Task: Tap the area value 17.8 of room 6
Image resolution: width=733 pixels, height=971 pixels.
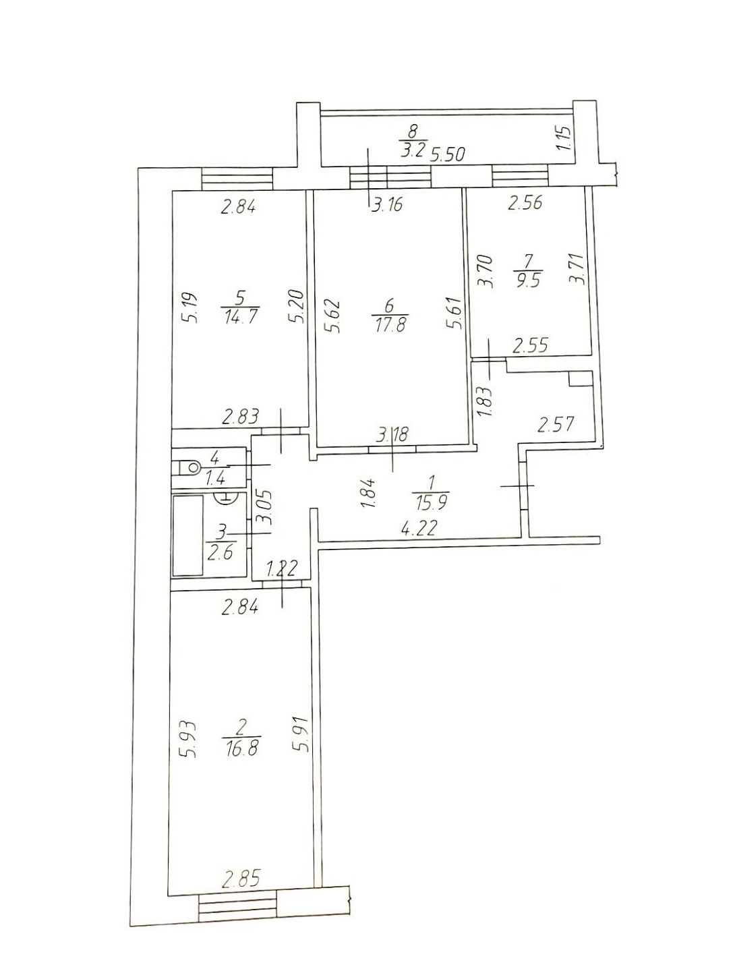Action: (389, 325)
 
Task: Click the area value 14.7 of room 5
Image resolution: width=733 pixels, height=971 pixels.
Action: (241, 316)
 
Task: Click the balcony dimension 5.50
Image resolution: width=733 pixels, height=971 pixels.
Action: (448, 154)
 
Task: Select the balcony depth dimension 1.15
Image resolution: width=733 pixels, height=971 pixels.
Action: (568, 138)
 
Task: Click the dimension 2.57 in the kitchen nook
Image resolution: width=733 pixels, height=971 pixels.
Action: (555, 423)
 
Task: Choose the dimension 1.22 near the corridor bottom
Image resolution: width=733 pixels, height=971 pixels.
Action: (280, 568)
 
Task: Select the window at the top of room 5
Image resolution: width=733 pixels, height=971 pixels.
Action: (237, 179)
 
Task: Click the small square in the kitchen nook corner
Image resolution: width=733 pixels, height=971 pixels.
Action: (580, 379)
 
